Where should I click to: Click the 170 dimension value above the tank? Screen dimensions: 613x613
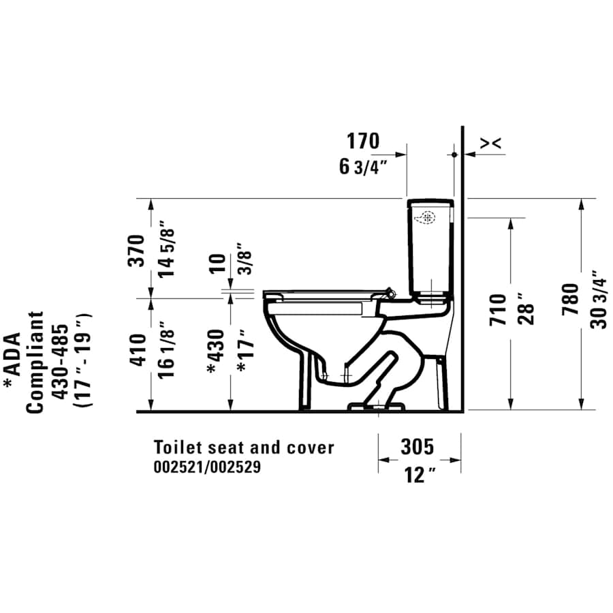click(x=362, y=142)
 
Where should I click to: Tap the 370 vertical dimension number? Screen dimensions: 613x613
click(x=138, y=250)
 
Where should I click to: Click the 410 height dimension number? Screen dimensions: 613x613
click(x=138, y=350)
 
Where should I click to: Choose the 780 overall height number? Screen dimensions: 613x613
click(x=570, y=300)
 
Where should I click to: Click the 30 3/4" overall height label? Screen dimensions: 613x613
click(x=598, y=300)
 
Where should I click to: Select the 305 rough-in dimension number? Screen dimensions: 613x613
click(x=417, y=447)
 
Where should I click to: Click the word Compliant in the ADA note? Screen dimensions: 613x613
click(x=35, y=362)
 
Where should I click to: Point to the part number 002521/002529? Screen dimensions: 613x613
click(x=206, y=468)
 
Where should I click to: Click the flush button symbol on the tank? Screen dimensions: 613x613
click(x=427, y=219)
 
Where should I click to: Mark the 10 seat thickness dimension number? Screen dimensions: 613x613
click(x=217, y=262)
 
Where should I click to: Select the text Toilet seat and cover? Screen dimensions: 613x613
click(x=244, y=447)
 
